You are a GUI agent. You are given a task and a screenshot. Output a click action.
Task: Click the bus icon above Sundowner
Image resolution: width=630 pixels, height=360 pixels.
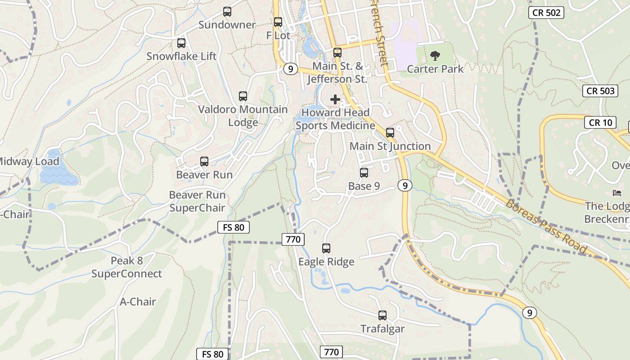(227, 12)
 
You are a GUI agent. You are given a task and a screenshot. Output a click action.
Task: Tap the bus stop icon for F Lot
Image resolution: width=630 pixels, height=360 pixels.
(278, 22)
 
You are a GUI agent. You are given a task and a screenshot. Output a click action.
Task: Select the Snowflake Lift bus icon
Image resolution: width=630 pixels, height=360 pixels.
(181, 43)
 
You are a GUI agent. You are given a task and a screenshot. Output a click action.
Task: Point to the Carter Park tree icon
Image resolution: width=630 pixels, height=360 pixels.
(435, 56)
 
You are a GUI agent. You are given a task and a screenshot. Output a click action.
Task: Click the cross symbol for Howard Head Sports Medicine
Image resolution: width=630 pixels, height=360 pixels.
(335, 99)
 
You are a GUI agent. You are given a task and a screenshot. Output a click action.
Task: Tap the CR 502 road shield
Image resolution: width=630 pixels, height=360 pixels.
(546, 13)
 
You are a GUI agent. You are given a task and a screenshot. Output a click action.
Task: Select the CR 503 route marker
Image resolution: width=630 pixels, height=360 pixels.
(601, 91)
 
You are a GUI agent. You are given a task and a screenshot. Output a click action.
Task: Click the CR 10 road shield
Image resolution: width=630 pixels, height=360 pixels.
(600, 122)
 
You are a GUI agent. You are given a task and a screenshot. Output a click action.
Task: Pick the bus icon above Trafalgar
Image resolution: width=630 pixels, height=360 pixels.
(382, 315)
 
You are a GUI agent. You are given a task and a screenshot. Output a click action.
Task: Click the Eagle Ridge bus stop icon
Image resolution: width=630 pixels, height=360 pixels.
(326, 248)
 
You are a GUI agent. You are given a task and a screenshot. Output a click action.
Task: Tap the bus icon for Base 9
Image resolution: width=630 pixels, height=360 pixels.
(364, 173)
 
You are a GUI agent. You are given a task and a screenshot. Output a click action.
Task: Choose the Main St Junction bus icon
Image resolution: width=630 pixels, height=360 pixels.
(390, 133)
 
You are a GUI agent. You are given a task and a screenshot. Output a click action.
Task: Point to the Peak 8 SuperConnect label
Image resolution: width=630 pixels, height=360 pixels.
(127, 267)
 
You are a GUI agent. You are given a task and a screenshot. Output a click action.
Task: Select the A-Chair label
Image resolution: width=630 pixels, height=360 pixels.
(138, 301)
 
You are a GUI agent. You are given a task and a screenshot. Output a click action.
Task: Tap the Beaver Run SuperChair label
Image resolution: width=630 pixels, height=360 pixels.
(197, 201)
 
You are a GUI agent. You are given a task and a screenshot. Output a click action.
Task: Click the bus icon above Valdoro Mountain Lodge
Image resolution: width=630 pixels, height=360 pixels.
(243, 96)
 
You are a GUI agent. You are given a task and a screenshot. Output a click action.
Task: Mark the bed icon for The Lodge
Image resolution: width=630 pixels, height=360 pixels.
(617, 193)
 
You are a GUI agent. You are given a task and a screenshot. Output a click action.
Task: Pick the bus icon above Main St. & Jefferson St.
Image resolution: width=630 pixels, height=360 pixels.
(337, 53)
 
